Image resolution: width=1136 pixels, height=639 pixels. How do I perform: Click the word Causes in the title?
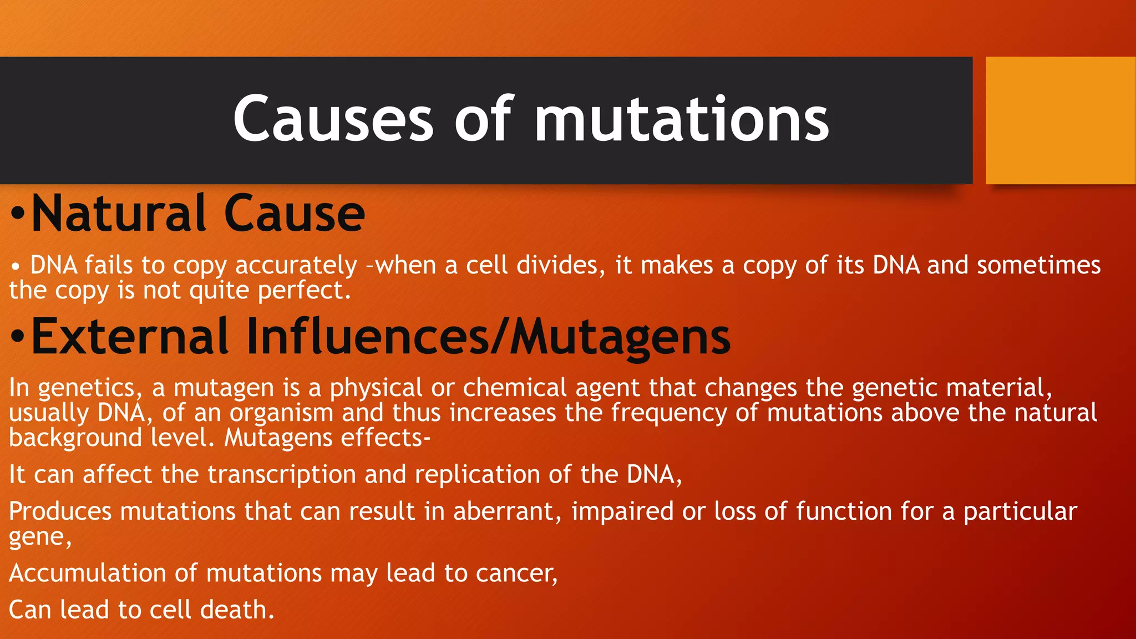(333, 120)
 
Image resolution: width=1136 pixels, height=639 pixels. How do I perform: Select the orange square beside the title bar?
(1061, 120)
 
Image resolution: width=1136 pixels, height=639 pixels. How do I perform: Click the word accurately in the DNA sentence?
(296, 266)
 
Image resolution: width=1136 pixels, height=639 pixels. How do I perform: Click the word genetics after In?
(87, 388)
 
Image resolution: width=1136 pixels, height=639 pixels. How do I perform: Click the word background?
(75, 438)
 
